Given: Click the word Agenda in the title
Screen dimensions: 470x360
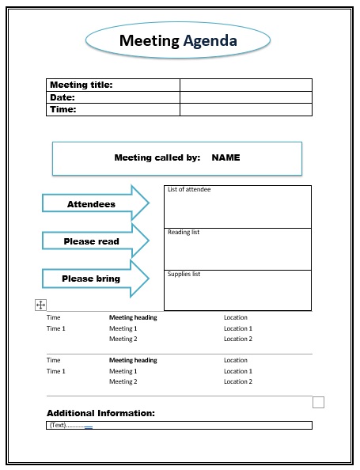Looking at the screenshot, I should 210,41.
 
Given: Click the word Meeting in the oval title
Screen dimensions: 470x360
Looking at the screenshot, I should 150,41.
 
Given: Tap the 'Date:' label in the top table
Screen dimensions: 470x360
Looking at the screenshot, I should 63,97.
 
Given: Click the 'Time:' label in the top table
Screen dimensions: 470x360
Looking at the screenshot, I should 63,110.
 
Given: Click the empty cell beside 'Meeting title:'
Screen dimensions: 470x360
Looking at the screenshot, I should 245,85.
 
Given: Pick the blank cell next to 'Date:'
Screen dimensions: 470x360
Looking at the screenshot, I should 245,97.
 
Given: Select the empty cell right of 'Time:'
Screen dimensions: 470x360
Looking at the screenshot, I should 245,110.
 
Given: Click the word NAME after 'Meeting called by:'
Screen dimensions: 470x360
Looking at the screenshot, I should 225,157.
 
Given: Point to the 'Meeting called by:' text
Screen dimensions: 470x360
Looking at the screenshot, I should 157,157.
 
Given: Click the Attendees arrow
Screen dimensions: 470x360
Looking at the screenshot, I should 92,204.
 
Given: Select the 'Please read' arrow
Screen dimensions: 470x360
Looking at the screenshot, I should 92,241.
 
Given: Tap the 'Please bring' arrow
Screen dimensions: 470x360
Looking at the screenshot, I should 92,279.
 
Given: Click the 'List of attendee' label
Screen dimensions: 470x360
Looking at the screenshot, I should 189,190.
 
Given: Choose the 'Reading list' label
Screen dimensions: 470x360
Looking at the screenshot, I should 184,233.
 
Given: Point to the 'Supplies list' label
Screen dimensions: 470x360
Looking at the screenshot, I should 184,275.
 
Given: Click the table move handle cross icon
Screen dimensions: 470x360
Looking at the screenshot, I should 41,305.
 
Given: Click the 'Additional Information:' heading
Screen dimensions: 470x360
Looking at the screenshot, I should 100,413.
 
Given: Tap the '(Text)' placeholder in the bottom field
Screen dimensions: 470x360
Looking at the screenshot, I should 58,425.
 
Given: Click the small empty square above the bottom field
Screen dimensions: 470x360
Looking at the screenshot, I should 319,402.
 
